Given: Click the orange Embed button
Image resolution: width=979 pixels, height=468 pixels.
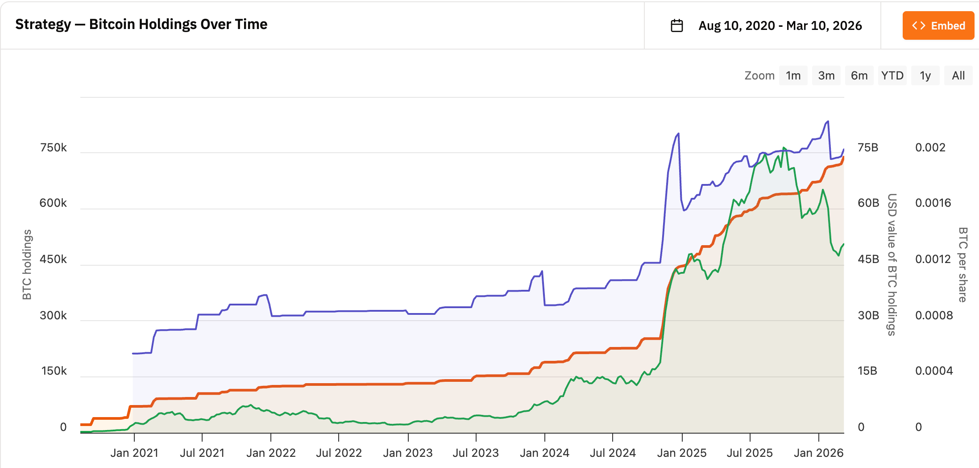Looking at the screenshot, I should [x=938, y=26].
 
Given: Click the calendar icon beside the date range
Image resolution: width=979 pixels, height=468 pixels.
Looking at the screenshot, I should [x=677, y=26].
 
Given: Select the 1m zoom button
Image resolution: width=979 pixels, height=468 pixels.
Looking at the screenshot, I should [x=793, y=75].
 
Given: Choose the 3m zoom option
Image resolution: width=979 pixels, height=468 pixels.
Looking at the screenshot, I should [x=826, y=75].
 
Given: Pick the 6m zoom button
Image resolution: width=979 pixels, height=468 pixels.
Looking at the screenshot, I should [x=859, y=75].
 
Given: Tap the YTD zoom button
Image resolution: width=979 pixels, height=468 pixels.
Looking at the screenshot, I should [x=892, y=75].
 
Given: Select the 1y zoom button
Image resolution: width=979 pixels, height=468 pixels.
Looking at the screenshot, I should [x=925, y=75].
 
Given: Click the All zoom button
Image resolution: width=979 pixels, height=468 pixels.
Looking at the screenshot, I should [x=958, y=75].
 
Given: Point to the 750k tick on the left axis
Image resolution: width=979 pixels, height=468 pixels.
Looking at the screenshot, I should [x=53, y=148].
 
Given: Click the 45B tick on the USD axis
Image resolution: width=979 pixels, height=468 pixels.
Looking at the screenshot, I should [x=868, y=259].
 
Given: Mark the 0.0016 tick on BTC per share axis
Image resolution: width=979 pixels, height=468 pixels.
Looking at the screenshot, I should [x=933, y=203].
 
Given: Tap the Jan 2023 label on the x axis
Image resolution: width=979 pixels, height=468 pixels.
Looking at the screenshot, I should [x=408, y=453].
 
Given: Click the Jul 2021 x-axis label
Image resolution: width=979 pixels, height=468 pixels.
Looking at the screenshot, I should [x=202, y=453].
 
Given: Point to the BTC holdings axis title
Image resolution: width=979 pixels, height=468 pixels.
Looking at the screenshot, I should [x=27, y=264].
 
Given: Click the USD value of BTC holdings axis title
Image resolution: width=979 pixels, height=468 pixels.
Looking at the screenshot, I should [x=892, y=264].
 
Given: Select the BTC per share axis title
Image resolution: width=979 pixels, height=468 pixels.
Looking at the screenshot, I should [x=962, y=264].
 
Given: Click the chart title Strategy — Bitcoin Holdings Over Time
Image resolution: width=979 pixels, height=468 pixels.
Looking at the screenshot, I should [x=141, y=25].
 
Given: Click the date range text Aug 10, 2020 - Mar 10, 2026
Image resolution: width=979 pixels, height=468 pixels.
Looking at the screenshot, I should [x=780, y=26].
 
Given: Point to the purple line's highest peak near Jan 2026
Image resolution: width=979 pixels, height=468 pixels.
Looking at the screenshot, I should [x=828, y=121].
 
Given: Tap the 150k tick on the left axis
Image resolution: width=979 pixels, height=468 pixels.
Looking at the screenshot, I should [x=54, y=371].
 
